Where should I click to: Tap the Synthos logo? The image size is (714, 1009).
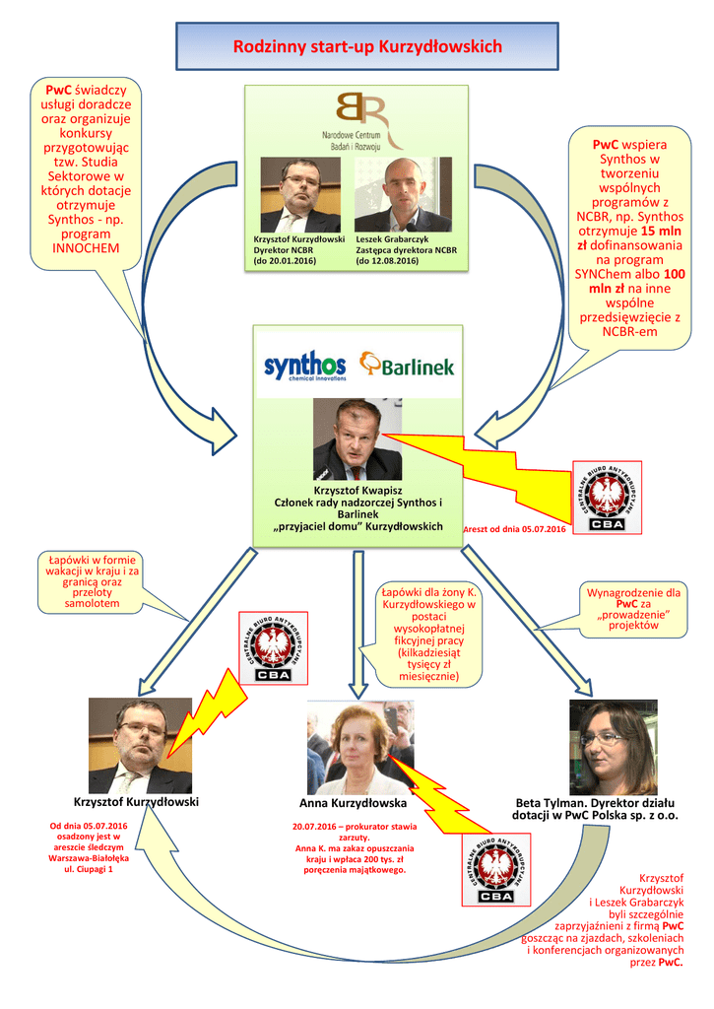pos(305,368)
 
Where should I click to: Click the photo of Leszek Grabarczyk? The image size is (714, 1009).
pos(403,194)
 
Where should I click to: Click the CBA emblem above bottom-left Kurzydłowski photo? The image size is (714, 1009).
pos(273,646)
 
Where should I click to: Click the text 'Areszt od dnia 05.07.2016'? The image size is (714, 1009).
pos(514,530)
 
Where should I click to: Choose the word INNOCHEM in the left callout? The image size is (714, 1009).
pos(86,248)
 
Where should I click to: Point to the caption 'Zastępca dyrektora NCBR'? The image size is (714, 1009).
pos(407,250)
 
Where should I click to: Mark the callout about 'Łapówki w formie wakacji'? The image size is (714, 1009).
pos(94,581)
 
